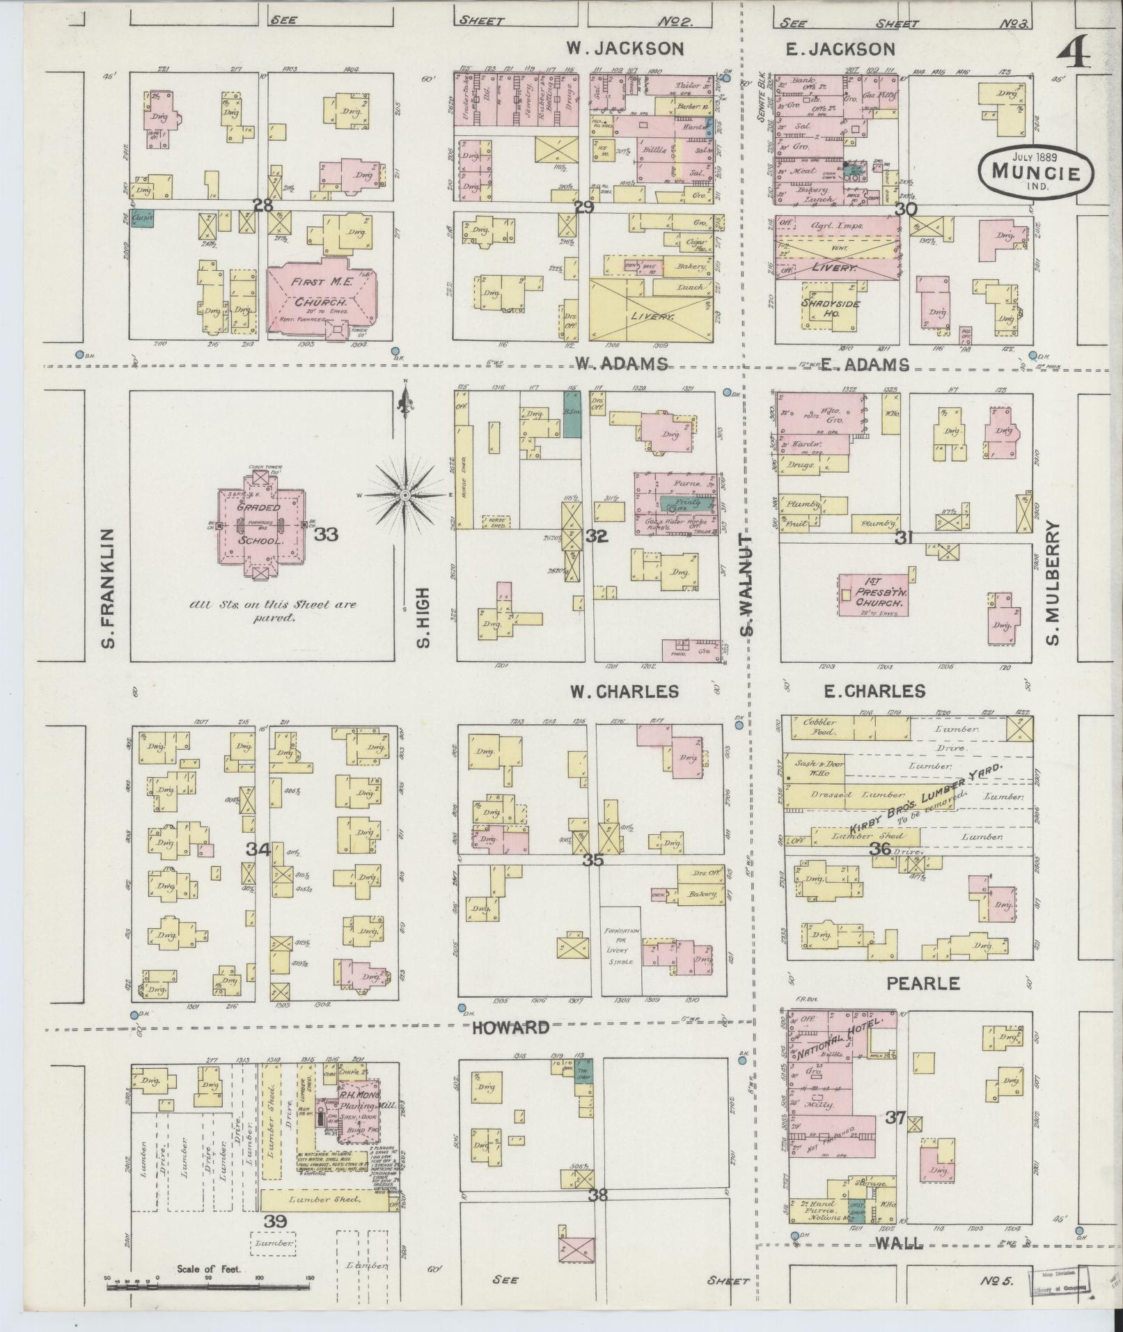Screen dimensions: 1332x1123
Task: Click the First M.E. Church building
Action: [x=321, y=299]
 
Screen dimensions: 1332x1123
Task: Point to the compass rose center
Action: [x=405, y=495]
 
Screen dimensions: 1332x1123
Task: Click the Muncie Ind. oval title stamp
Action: [x=1035, y=171]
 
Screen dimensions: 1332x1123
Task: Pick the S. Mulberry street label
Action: [x=1053, y=583]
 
